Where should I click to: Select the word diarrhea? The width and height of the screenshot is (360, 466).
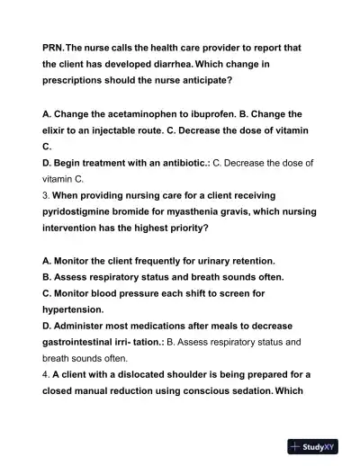[x=188, y=64]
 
